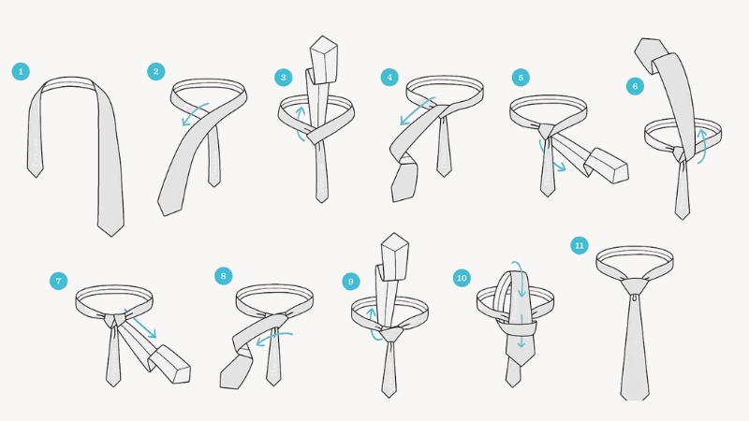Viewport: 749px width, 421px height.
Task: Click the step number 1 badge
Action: (x=21, y=72)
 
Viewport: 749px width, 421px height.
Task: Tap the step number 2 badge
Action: (x=155, y=72)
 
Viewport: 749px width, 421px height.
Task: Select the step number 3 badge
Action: (x=284, y=78)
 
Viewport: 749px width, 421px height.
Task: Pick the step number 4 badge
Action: (x=389, y=78)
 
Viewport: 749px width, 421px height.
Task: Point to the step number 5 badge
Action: (x=521, y=78)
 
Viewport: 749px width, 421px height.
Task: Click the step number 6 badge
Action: (x=635, y=86)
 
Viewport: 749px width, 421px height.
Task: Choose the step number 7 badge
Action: (x=58, y=281)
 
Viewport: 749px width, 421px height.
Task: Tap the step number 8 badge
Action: (x=223, y=276)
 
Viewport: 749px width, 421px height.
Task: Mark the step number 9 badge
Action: (x=350, y=282)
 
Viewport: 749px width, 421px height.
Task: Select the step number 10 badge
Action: (x=462, y=278)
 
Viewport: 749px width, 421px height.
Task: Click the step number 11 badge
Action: (x=579, y=245)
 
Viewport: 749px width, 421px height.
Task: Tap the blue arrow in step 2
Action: (x=195, y=113)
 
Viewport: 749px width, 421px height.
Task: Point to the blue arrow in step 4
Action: (x=417, y=111)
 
